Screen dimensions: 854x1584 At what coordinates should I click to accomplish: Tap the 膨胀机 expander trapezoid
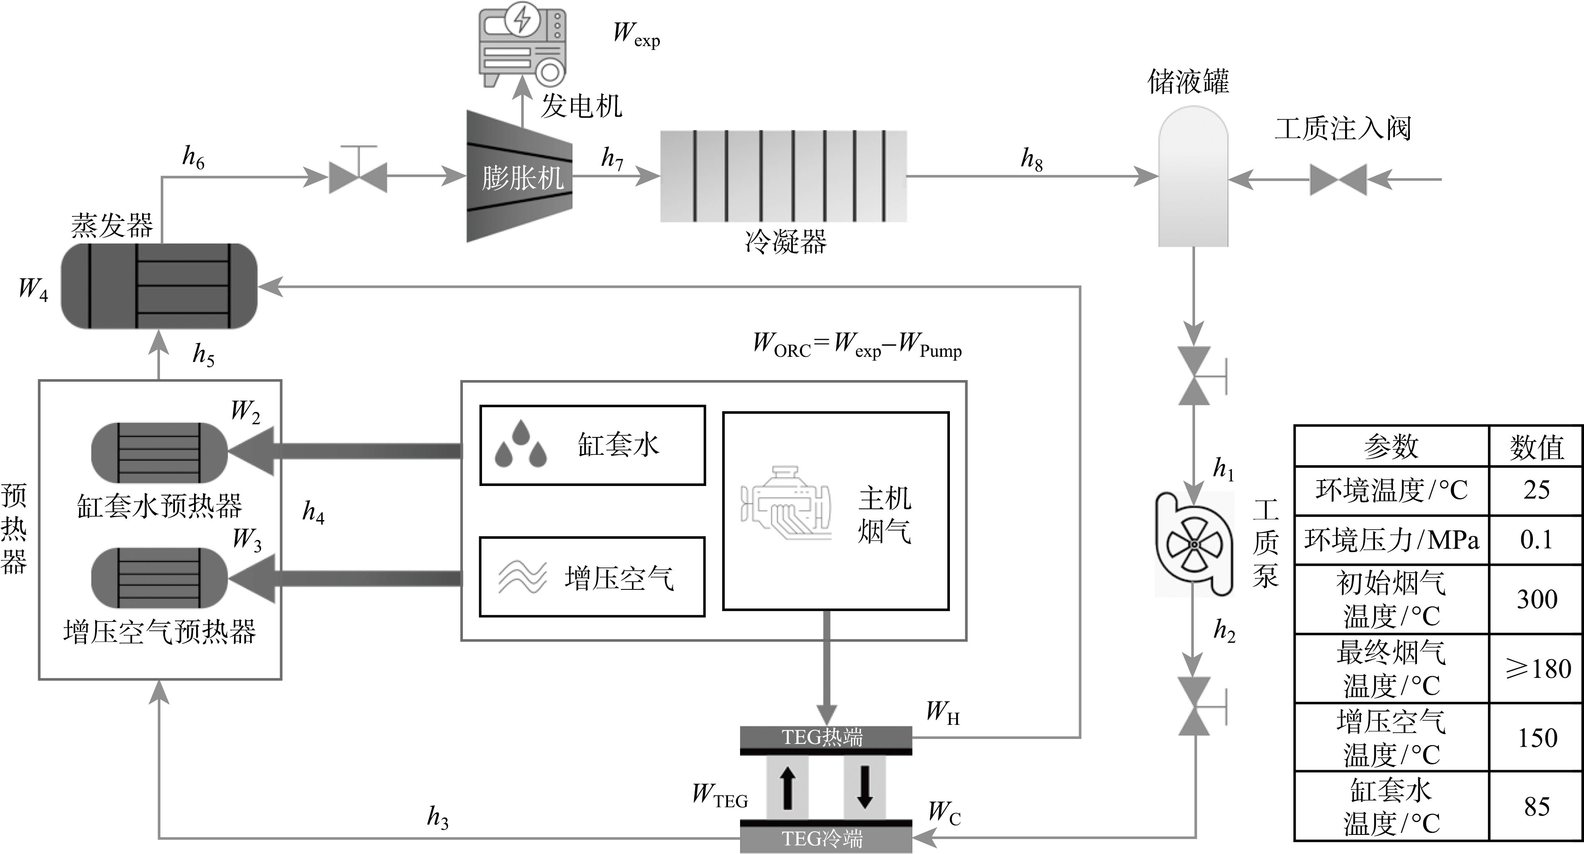coord(519,177)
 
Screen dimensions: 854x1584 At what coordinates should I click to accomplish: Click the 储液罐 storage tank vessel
coord(1193,177)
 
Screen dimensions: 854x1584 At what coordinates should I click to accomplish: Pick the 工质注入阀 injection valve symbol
coord(1338,179)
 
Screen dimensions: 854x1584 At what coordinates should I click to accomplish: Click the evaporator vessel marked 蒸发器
coord(159,286)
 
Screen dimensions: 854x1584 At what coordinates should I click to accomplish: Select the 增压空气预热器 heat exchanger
coord(159,578)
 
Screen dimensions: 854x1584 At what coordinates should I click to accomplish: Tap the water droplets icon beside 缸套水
coord(521,444)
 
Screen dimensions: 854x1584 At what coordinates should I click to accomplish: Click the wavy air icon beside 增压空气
coord(522,577)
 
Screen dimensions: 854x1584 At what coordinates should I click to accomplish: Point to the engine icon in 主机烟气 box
coord(786,504)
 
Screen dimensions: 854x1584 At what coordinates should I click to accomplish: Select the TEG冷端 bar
coord(825,839)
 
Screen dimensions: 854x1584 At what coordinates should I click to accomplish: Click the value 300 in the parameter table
coord(1537,599)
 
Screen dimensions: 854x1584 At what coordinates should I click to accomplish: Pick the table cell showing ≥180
coord(1537,669)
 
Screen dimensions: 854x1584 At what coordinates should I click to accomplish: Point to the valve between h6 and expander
coord(358,177)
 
